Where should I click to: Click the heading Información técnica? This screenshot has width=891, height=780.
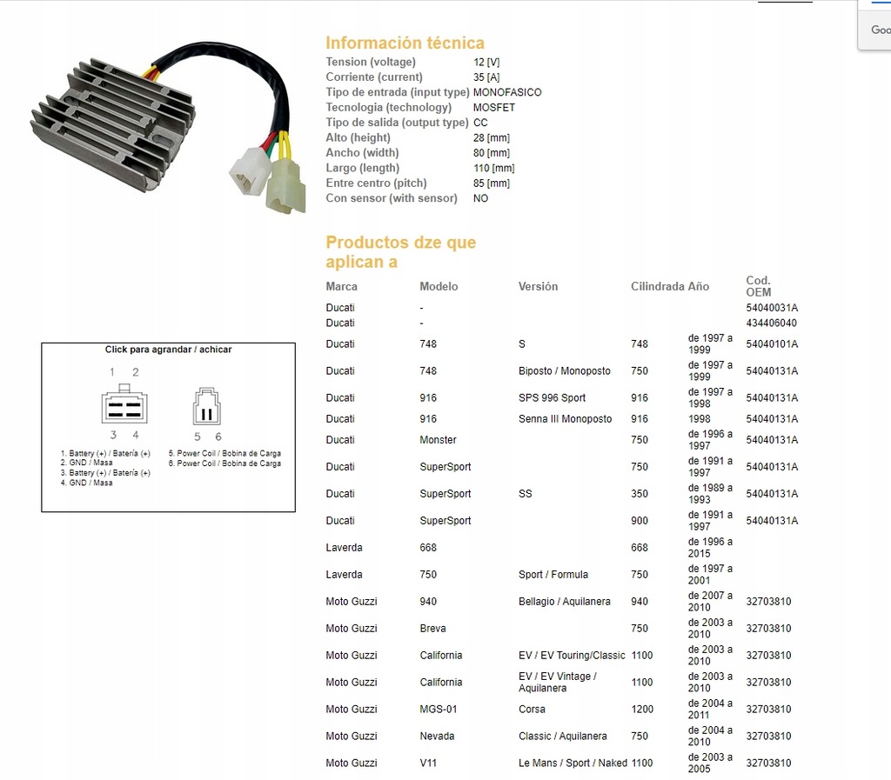[405, 43]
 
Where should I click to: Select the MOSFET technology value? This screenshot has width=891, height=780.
[494, 108]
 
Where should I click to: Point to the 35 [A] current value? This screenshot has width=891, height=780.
[487, 77]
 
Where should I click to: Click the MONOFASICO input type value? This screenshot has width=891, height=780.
[507, 92]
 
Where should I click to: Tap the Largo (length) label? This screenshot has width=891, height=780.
[362, 168]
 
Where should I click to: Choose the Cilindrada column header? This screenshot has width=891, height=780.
[657, 286]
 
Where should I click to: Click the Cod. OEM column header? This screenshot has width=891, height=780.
[759, 286]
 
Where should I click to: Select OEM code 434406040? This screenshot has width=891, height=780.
[771, 323]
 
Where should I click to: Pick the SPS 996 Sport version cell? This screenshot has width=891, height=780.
[552, 397]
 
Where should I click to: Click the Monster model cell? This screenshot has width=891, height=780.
[438, 440]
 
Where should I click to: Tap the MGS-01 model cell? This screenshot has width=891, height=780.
[439, 709]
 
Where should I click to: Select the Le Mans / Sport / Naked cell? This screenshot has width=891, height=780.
[573, 763]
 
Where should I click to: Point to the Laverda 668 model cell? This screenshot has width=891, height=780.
[428, 548]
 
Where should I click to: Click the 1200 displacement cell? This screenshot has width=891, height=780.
[642, 709]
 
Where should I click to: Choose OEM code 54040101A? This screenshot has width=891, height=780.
[772, 344]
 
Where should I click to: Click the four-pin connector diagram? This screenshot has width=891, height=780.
[124, 405]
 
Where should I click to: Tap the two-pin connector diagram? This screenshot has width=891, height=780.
[207, 405]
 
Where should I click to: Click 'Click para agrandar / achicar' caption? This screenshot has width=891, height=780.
[168, 350]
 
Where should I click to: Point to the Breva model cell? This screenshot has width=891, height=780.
[433, 628]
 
